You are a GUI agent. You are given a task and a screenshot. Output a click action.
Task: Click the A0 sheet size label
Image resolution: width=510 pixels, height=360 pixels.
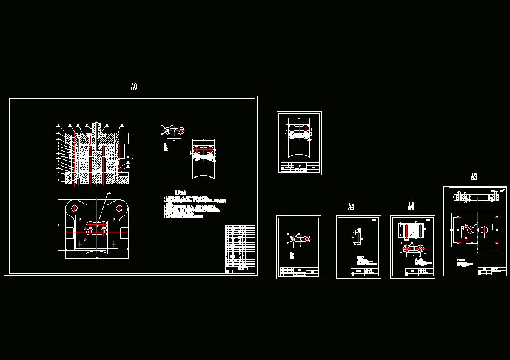[x=134, y=87]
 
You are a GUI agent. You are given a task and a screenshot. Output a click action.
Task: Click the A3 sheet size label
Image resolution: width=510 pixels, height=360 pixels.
[x=474, y=177]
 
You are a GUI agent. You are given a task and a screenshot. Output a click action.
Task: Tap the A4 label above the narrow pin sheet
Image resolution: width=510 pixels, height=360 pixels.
[x=351, y=207]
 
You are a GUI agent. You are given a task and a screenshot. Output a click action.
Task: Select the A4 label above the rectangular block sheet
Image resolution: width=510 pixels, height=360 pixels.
[x=411, y=206]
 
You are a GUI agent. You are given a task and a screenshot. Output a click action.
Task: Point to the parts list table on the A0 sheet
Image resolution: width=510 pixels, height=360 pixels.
[x=240, y=247]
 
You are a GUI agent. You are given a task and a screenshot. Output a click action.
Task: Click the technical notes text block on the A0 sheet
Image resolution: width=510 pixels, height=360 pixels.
[x=193, y=207]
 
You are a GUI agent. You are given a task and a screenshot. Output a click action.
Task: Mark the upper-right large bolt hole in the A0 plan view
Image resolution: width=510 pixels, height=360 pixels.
[x=119, y=208]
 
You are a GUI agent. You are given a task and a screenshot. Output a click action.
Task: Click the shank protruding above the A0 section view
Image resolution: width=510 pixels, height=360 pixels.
[x=96, y=129]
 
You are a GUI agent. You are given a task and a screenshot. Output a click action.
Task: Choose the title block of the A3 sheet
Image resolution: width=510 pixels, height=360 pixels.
[x=491, y=270]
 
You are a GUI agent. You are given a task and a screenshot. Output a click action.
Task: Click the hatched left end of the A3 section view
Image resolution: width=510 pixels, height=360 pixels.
[x=461, y=197]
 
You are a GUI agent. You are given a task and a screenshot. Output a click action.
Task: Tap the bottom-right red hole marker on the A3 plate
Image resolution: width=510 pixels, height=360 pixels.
[x=497, y=243]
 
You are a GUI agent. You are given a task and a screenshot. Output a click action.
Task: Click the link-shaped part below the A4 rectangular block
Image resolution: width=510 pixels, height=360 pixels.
[x=413, y=249]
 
